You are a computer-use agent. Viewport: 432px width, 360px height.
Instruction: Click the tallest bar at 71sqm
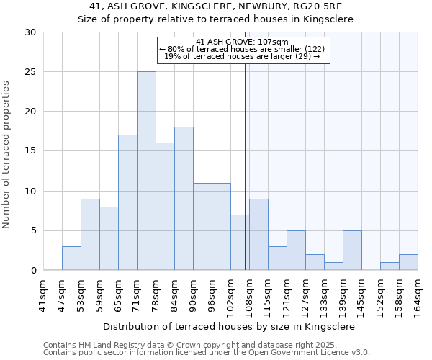point(146,171)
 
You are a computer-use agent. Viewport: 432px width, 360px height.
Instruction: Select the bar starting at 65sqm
point(127,202)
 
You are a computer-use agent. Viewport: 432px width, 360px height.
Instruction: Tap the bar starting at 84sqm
point(184,199)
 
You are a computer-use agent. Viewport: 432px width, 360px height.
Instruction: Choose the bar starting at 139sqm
point(352,251)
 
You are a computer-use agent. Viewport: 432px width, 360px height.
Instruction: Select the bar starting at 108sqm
point(258,235)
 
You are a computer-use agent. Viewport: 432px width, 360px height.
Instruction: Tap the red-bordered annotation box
point(243,49)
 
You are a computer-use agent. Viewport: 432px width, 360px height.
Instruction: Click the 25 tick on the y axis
point(30,72)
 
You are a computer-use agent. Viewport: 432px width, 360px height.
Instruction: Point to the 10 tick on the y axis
point(30,191)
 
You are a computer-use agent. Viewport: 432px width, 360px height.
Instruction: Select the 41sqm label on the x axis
point(44,294)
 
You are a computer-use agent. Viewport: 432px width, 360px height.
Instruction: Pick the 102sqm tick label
point(230,296)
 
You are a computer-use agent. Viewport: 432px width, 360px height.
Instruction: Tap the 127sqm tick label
point(305,296)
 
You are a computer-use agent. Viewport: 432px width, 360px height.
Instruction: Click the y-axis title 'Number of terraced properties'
point(7,154)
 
